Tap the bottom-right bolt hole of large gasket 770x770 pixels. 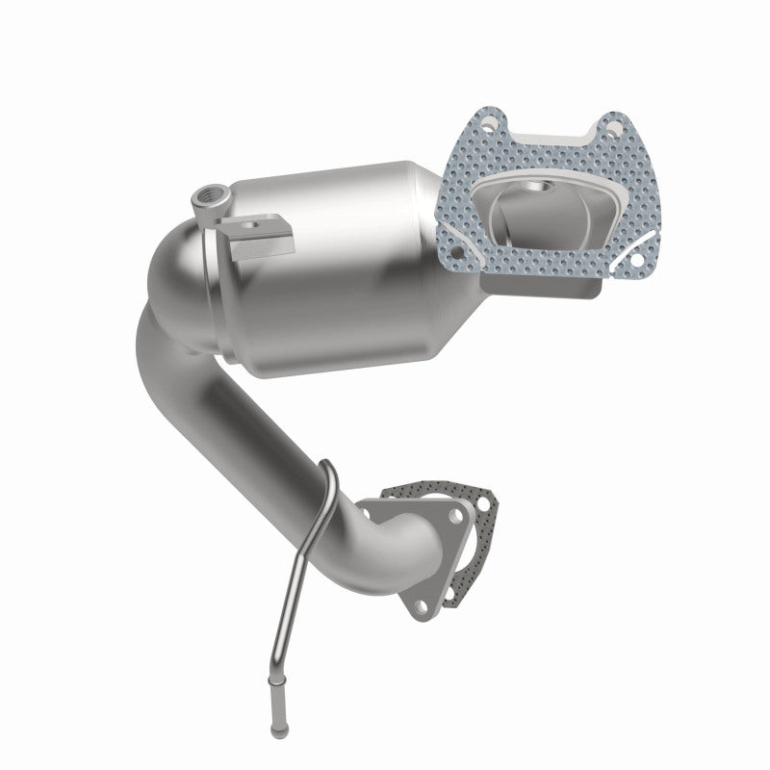pyautogui.click(x=635, y=258)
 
